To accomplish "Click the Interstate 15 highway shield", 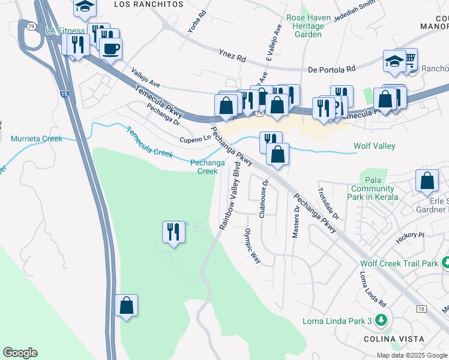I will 64,95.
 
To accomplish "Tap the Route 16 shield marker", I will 421,308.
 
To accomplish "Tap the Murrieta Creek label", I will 37,139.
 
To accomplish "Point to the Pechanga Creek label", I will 203,166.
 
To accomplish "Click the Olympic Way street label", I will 253,246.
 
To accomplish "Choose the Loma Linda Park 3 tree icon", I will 380,320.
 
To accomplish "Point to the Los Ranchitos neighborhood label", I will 148,4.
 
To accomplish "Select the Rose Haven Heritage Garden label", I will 309,26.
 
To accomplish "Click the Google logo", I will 20,353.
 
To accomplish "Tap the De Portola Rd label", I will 331,69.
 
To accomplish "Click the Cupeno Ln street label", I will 196,139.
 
